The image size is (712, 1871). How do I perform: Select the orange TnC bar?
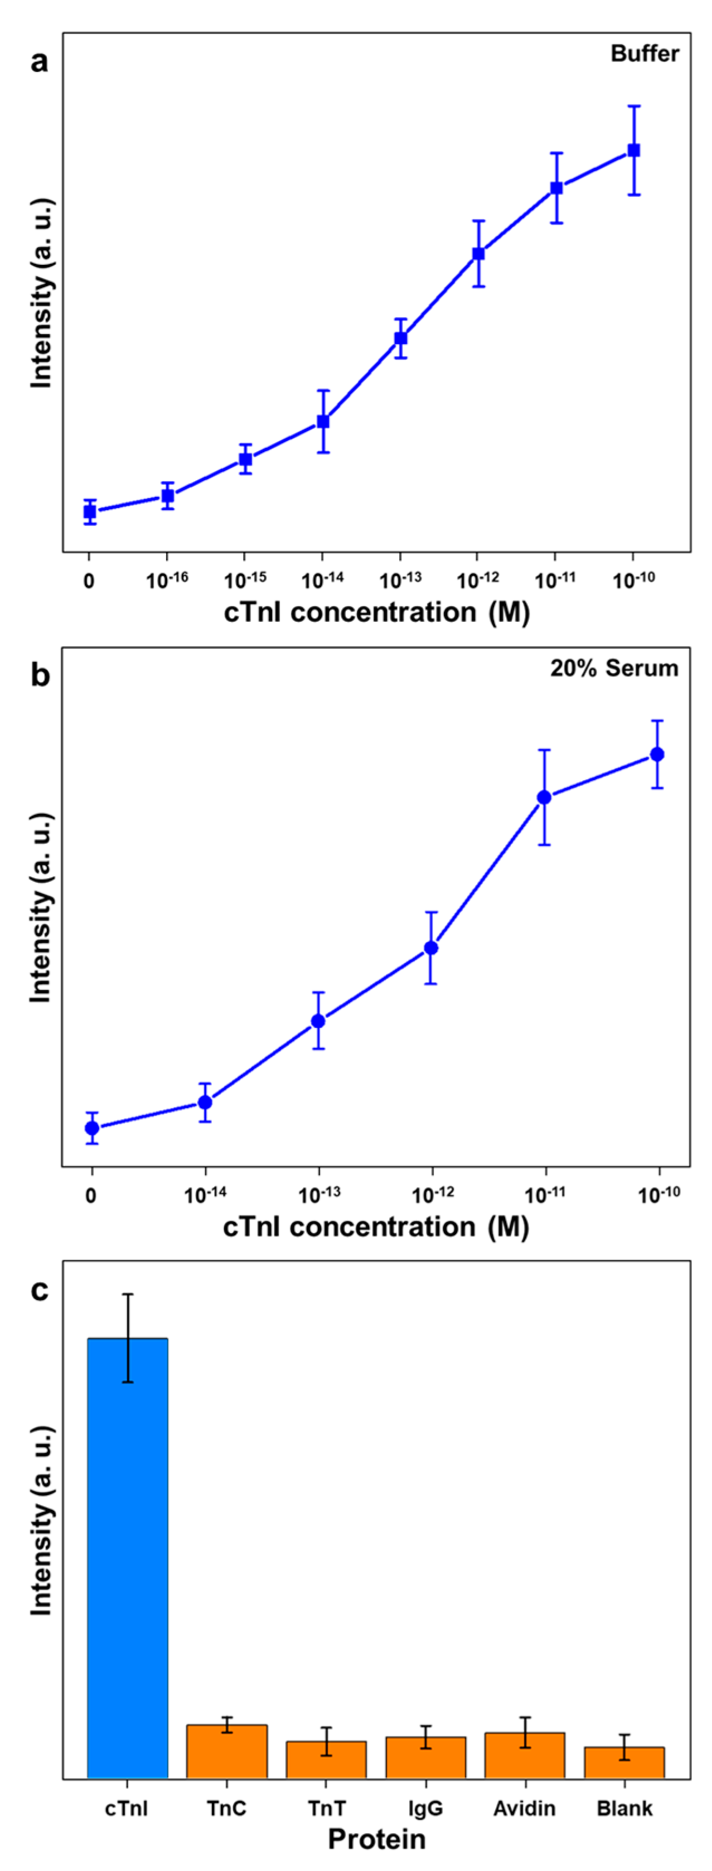coord(227,1753)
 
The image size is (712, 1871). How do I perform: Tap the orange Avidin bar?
coord(525,1756)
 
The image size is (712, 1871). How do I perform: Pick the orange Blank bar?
coord(624,1763)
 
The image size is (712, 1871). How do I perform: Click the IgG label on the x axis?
coord(425,1809)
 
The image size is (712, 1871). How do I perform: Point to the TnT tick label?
coord(326,1809)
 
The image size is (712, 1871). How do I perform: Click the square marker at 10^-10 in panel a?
coord(633,151)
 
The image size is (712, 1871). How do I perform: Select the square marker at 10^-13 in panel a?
coord(400,339)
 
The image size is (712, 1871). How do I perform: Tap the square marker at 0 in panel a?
coord(89,512)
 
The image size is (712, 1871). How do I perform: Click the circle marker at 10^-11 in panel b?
coord(544,797)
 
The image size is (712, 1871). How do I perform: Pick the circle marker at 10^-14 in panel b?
coord(205,1103)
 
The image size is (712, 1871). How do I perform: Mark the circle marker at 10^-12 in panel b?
coord(431,948)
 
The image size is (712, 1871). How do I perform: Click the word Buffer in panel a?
coord(645,54)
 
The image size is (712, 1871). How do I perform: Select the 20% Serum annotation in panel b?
coord(614,668)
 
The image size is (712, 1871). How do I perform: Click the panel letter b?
coord(40,675)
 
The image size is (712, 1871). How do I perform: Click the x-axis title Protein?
coord(376,1839)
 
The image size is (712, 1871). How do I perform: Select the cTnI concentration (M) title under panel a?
coord(376,612)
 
